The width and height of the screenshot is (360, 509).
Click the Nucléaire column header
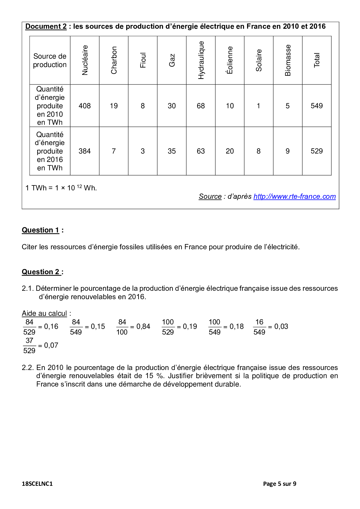[x=85, y=60]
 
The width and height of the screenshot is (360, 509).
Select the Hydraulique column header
[x=201, y=60]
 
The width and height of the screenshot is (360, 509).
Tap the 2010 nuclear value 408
[x=85, y=106]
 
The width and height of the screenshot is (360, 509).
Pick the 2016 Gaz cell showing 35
[x=172, y=151]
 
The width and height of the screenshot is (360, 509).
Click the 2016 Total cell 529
[x=317, y=151]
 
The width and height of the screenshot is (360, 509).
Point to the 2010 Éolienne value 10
[x=230, y=106]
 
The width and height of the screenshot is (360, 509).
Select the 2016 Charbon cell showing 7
[x=114, y=151]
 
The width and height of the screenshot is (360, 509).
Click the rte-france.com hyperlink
[x=294, y=196]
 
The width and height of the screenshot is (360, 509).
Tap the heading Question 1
[x=41, y=230]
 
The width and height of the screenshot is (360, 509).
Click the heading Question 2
[x=41, y=272]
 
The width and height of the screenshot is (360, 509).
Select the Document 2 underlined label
[x=46, y=26]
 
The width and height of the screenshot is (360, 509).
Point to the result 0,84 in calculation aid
[x=143, y=327]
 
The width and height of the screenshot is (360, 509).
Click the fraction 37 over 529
[x=29, y=346]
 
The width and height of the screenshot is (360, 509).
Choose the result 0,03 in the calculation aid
[x=281, y=327]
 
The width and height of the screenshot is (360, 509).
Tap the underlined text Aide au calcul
[x=44, y=313]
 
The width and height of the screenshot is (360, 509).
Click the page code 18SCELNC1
[x=37, y=484]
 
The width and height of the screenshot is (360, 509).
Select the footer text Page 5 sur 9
[x=280, y=484]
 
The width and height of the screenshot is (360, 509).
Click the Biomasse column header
[x=288, y=60]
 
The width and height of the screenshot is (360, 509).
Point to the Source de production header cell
[x=50, y=60]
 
